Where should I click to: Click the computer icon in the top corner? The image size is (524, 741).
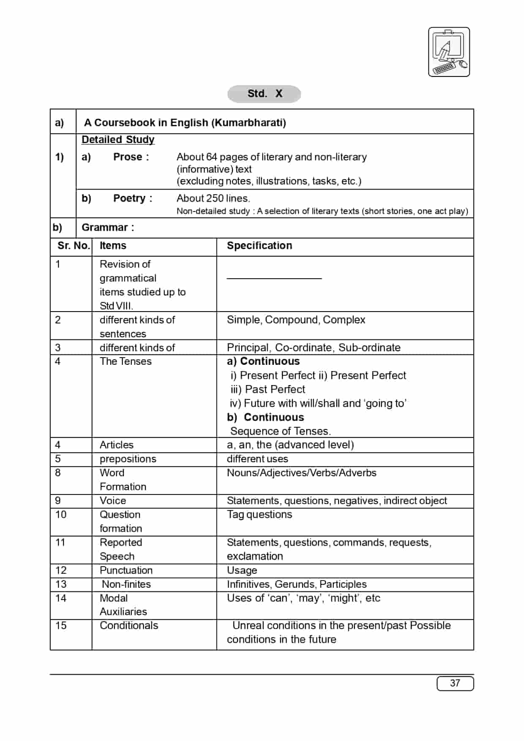[x=449, y=52]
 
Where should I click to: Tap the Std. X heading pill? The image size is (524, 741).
[x=264, y=94]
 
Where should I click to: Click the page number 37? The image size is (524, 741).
[x=455, y=683]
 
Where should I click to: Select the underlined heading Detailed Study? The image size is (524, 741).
[x=118, y=139]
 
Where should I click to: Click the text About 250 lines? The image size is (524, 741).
[x=213, y=198]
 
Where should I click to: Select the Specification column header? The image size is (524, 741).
[x=259, y=246]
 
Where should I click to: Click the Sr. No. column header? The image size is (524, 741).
[x=73, y=246]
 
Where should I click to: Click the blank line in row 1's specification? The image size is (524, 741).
[x=274, y=278]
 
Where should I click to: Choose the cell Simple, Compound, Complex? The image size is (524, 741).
[x=296, y=320]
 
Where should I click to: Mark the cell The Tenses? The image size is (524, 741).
[x=126, y=361]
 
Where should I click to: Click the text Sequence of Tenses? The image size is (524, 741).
[x=280, y=431]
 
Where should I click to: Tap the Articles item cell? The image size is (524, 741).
[x=117, y=445]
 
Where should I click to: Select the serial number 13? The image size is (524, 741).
[x=61, y=584]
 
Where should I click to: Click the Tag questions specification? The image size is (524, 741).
[x=259, y=514]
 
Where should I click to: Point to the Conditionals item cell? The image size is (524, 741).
[x=129, y=626]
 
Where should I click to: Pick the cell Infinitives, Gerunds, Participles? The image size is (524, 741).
[x=296, y=584]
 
